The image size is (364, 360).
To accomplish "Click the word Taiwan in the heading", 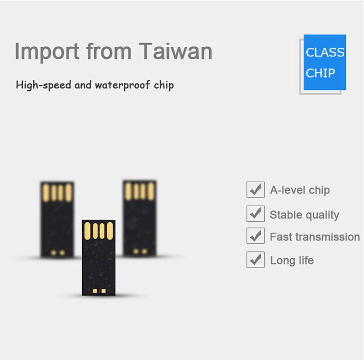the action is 176,51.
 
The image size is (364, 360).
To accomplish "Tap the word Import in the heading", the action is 47,51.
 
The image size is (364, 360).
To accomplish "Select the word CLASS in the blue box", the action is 325,52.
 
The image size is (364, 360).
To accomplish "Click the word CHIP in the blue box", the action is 320,73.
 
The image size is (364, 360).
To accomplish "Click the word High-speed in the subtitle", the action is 44,85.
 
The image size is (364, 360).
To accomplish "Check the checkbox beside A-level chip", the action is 255,190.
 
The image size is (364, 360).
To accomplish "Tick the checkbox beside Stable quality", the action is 255,213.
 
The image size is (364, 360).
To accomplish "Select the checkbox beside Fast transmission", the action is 255,236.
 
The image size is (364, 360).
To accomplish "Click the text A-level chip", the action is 300,190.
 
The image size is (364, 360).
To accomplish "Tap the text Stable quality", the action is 304,215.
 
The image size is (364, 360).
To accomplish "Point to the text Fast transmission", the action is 315,237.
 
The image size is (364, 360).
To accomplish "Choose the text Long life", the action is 292,260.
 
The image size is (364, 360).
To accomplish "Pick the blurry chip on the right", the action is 139,217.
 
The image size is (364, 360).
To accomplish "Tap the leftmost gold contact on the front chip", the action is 87,231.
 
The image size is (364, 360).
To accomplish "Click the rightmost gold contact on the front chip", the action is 110,231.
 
